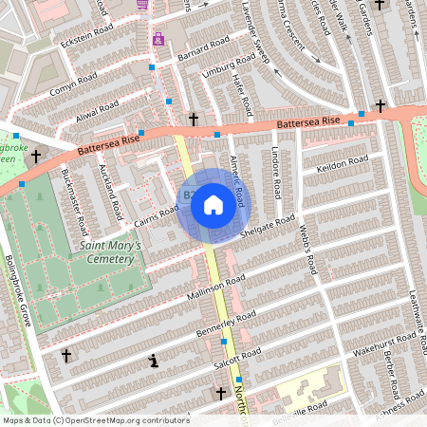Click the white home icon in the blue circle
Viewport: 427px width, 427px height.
(x=213, y=204)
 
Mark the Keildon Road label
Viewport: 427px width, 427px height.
(x=343, y=163)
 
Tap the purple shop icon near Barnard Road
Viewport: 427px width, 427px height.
(x=158, y=40)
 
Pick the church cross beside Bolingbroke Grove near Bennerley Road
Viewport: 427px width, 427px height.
(x=65, y=356)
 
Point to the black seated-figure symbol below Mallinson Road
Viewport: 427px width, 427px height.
(x=153, y=361)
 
